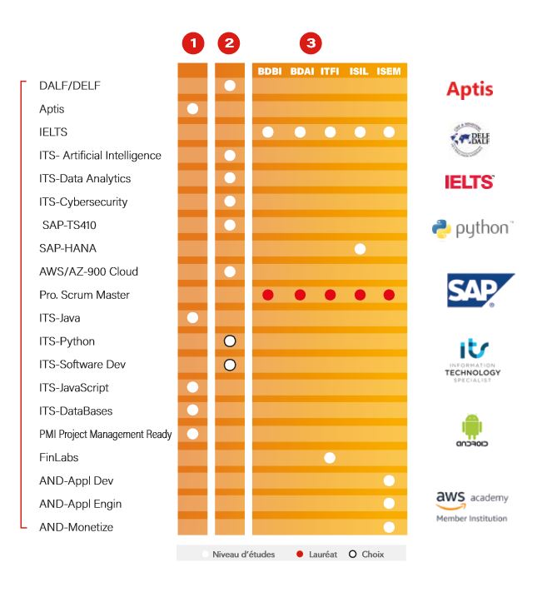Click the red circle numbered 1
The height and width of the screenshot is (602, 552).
pyautogui.click(x=193, y=42)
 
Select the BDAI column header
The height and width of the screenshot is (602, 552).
pyautogui.click(x=301, y=72)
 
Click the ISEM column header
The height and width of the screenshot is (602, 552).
pyautogui.click(x=389, y=72)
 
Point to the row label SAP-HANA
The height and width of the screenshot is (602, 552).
pyautogui.click(x=67, y=248)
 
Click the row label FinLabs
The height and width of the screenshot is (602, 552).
pyautogui.click(x=58, y=457)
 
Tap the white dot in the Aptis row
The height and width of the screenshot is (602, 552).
pyautogui.click(x=193, y=108)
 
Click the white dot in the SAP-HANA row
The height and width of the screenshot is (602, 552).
pyautogui.click(x=361, y=248)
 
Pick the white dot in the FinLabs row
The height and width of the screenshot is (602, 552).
pyautogui.click(x=331, y=457)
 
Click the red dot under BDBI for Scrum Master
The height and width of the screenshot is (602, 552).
pyautogui.click(x=268, y=295)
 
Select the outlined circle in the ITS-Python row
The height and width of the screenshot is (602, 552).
pyautogui.click(x=230, y=341)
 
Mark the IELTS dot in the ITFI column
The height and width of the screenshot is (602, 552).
pyautogui.click(x=331, y=132)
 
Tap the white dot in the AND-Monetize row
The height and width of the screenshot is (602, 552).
pyautogui.click(x=389, y=527)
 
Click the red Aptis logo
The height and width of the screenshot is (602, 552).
pyautogui.click(x=470, y=90)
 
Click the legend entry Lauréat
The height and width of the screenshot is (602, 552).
pyautogui.click(x=317, y=554)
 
